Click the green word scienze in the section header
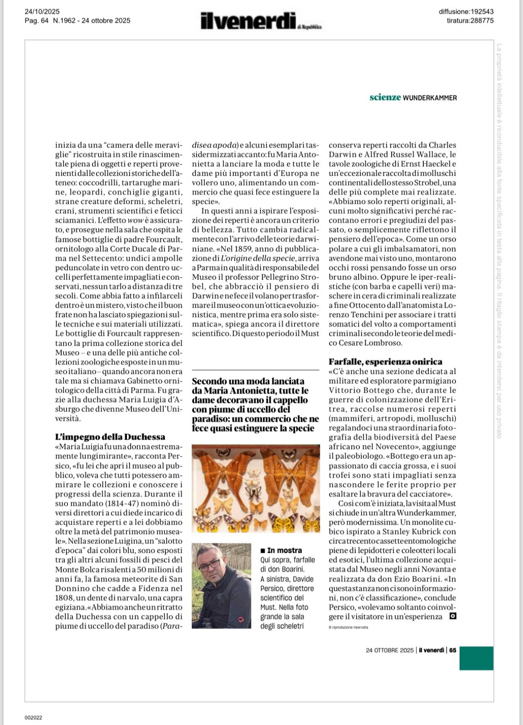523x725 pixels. click(385, 97)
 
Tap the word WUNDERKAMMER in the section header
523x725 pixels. click(430, 98)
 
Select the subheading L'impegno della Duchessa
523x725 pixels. click(110, 437)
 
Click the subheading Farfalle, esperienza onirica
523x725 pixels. click(385, 362)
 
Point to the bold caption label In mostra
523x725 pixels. click(284, 550)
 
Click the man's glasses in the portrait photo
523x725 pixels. click(209, 565)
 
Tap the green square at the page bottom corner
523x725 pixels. click(476, 658)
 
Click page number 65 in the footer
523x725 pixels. click(453, 650)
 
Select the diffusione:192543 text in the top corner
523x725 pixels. click(466, 12)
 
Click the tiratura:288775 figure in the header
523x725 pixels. click(470, 20)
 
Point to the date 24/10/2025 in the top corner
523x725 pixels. click(42, 12)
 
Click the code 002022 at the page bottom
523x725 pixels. click(33, 717)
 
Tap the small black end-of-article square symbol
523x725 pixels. click(452, 616)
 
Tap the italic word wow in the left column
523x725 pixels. click(135, 220)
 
